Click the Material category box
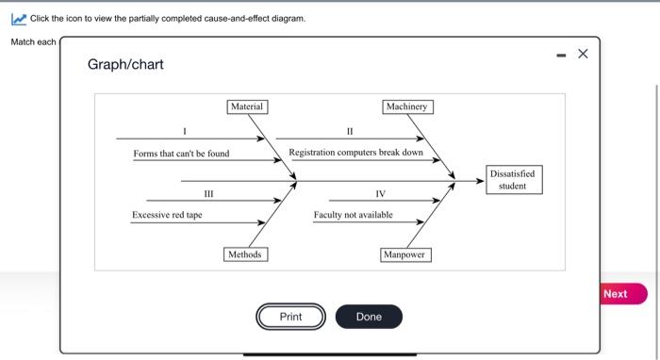[247, 106]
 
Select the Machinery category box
[406, 106]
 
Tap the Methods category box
[245, 254]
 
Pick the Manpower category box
[405, 254]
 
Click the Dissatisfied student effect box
[512, 179]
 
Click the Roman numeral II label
[350, 130]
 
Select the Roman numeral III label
[208, 193]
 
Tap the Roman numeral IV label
[380, 193]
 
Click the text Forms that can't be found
[181, 154]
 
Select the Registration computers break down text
[355, 152]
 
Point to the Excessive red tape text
[167, 216]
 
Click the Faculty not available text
[353, 216]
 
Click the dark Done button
[369, 317]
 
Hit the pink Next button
[615, 294]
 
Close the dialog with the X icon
[582, 54]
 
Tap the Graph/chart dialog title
[125, 64]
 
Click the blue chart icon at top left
[18, 19]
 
